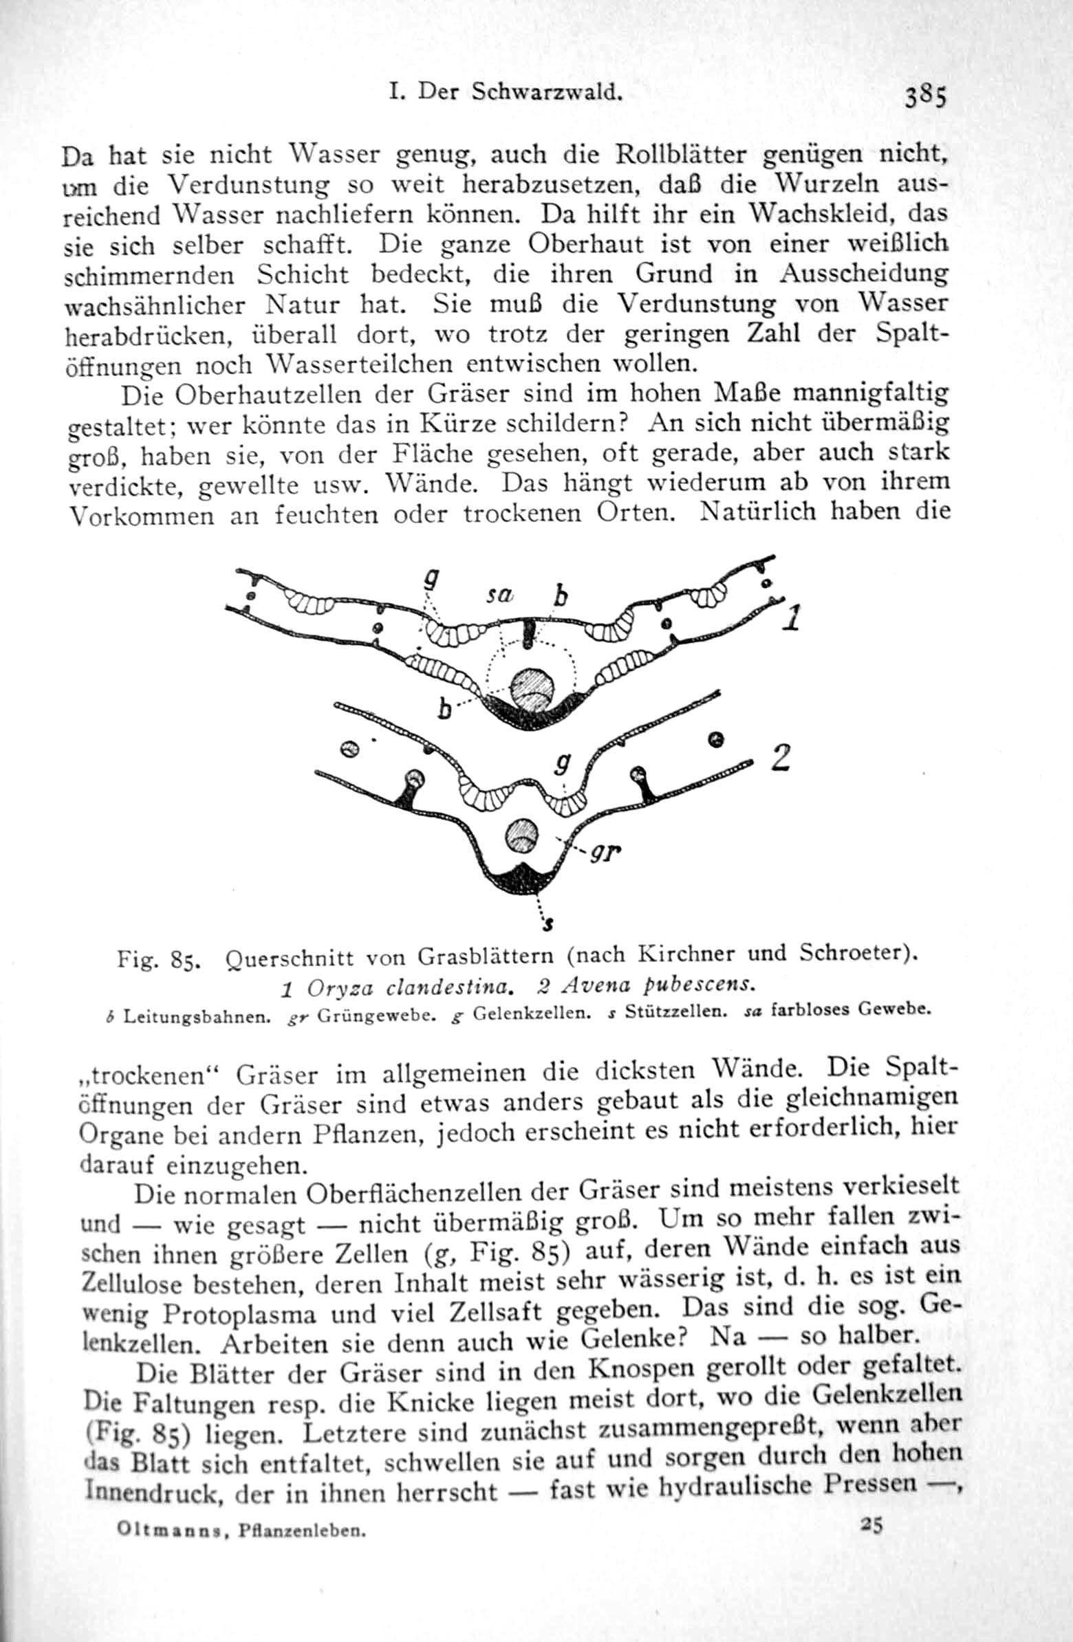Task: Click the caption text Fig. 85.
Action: pos(159,959)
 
